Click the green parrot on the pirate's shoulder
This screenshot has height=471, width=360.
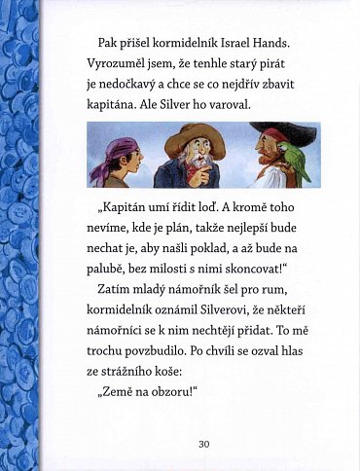[293, 159]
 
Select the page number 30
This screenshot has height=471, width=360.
[203, 444]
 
